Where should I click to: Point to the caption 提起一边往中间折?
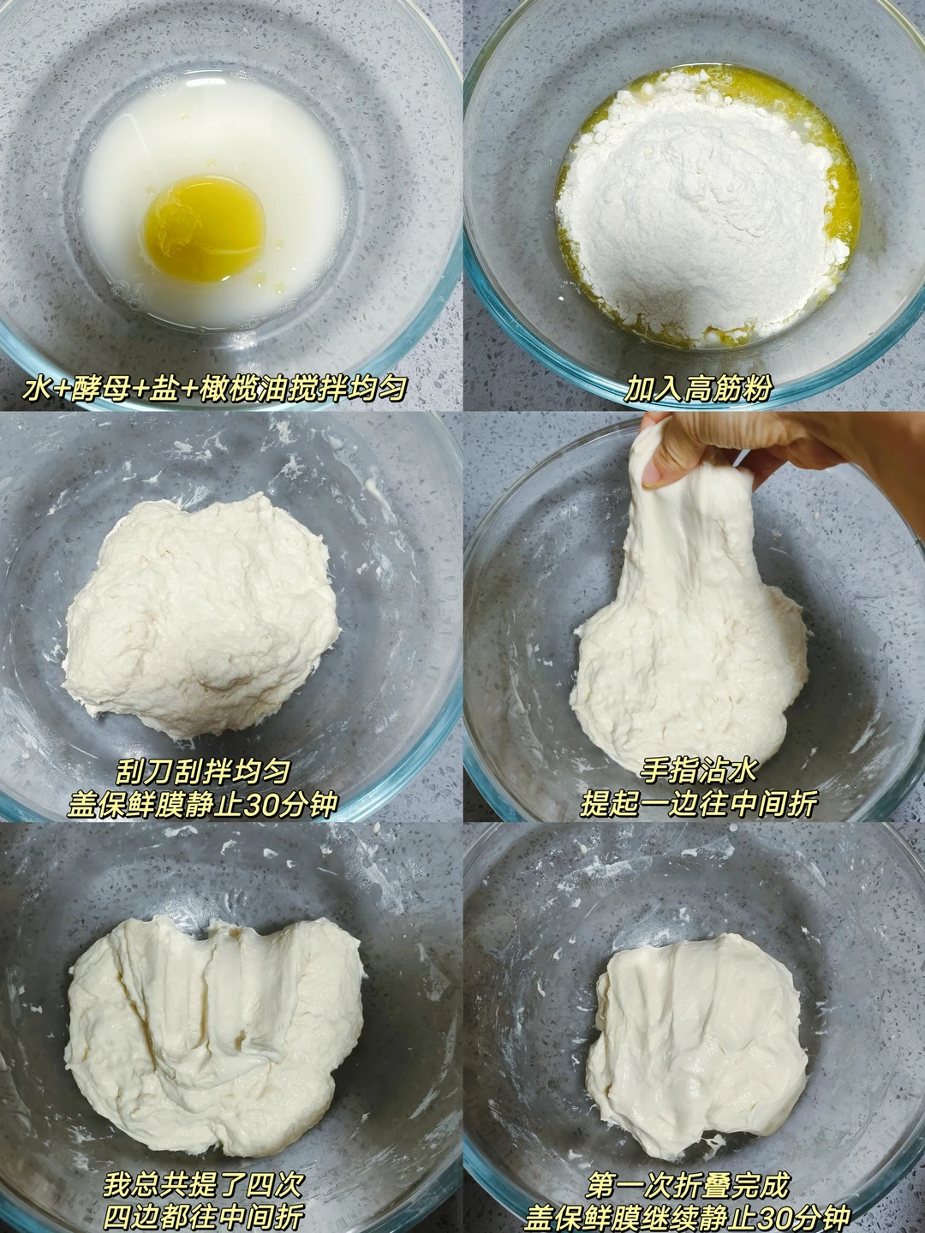click(697, 806)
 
